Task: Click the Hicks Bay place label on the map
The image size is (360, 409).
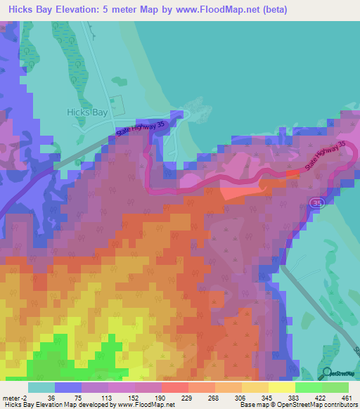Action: tap(86, 112)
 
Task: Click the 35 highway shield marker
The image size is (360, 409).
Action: tap(316, 203)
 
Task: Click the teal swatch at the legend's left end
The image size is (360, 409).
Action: tap(41, 387)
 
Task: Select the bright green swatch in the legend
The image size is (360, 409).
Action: tap(308, 387)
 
